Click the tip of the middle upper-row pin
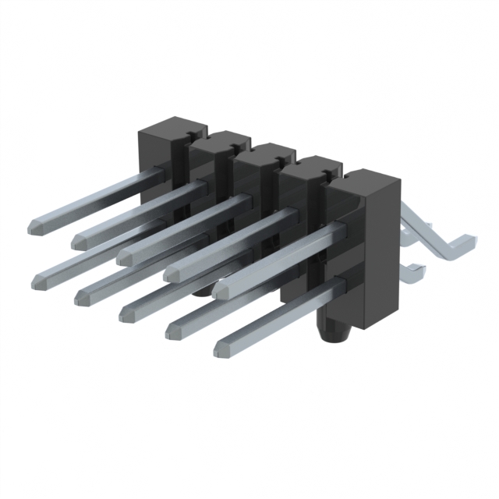click(124, 255)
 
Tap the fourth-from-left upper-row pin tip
click(170, 272)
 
